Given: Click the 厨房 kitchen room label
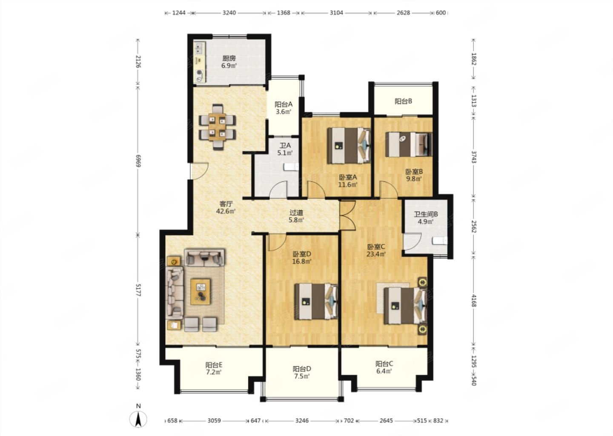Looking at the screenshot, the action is [229, 58].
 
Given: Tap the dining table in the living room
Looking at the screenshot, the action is [217, 127].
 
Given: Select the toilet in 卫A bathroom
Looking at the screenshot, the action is [292, 166].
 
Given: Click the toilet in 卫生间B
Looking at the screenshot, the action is [440, 241].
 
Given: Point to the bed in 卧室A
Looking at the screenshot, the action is [349, 145].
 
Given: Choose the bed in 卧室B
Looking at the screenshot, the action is [409, 144].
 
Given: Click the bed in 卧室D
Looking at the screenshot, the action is [316, 301].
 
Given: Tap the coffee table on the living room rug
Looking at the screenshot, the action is [201, 292].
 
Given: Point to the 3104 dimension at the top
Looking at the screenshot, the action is [336, 13].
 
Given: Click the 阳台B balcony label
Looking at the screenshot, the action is [404, 101].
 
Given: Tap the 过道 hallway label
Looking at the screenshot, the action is [296, 212].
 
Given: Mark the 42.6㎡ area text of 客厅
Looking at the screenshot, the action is [226, 211].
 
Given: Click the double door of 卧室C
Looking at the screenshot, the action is [347, 215].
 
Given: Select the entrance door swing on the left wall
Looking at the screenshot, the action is [199, 171].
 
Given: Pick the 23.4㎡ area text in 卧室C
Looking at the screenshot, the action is [376, 254].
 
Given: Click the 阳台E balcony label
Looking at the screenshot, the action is [214, 365].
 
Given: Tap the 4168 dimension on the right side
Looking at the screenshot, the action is [474, 300].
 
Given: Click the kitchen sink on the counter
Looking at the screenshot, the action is [199, 49].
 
